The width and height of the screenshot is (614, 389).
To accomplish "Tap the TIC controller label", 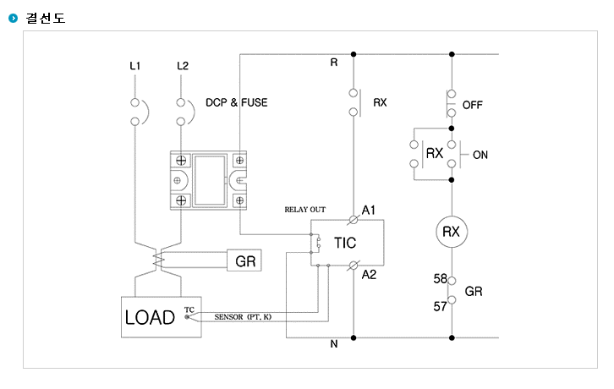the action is pyautogui.click(x=345, y=243).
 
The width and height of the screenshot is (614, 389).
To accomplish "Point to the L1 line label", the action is pyautogui.click(x=135, y=66).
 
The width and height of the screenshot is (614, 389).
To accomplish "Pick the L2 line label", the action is pyautogui.click(x=183, y=66).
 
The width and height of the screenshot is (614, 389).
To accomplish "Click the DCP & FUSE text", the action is pyautogui.click(x=237, y=102).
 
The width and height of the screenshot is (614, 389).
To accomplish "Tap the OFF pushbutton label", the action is pyautogui.click(x=472, y=105).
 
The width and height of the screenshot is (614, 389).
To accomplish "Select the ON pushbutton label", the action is pyautogui.click(x=480, y=155).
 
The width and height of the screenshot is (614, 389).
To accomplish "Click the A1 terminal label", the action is pyautogui.click(x=369, y=211).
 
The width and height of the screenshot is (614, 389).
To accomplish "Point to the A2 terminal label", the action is pyautogui.click(x=369, y=275).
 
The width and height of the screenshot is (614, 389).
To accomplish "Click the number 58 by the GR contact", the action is pyautogui.click(x=440, y=278).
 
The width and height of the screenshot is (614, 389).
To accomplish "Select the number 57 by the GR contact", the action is pyautogui.click(x=440, y=306).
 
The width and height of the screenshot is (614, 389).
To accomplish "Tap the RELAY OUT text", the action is pyautogui.click(x=305, y=210).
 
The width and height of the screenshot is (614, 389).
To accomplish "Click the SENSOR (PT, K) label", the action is pyautogui.click(x=243, y=316).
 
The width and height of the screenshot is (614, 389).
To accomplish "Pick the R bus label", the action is pyautogui.click(x=333, y=63).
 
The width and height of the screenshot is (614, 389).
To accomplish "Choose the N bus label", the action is pyautogui.click(x=333, y=343).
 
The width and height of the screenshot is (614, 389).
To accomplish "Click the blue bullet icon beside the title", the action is pyautogui.click(x=13, y=18).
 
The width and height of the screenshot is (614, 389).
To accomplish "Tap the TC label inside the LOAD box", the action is pyautogui.click(x=189, y=310).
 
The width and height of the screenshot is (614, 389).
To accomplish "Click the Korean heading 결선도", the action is pyautogui.click(x=46, y=18).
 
